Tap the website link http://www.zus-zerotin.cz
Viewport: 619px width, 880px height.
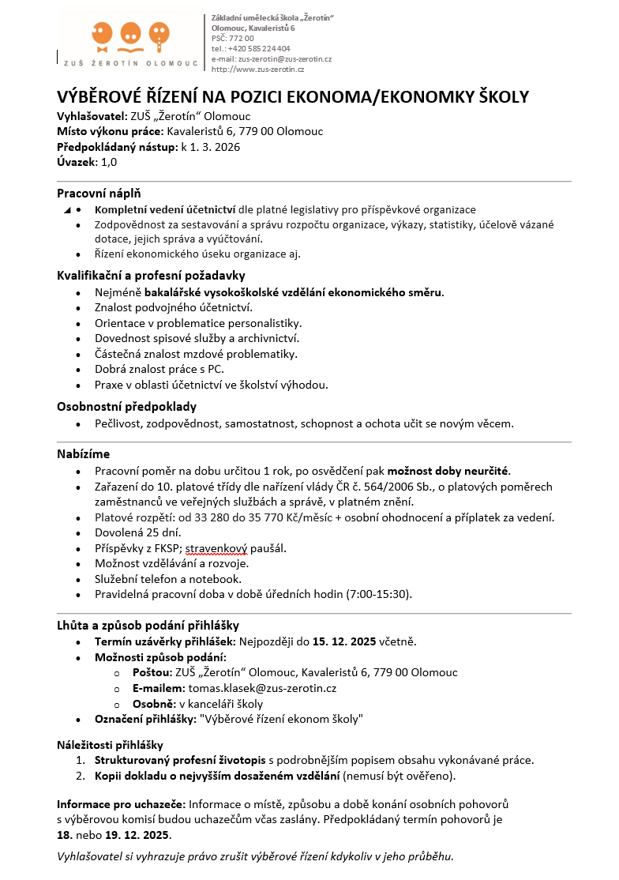257,70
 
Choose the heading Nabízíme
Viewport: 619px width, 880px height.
83,454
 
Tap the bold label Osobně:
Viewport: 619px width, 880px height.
154,704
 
